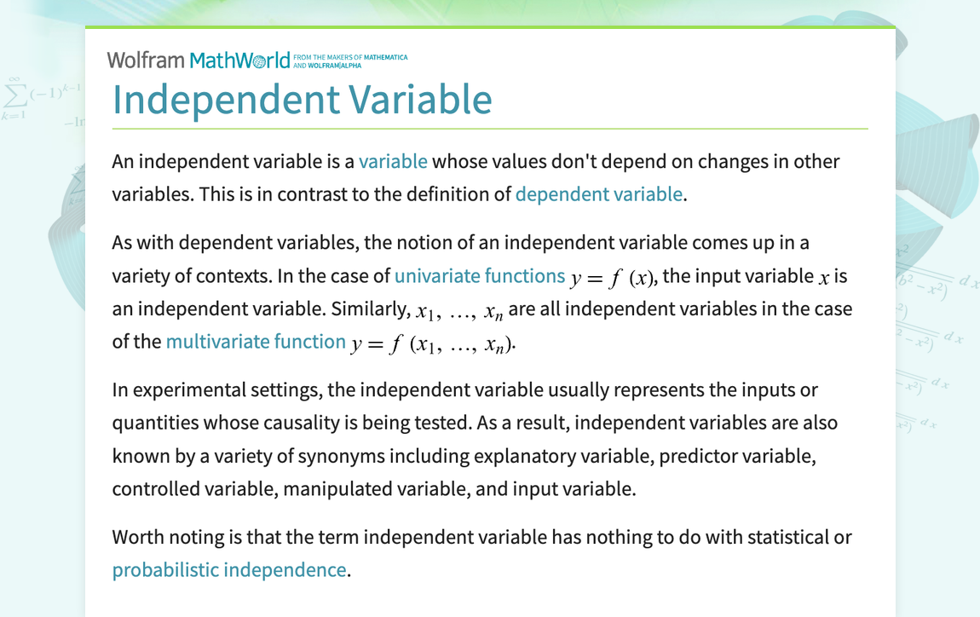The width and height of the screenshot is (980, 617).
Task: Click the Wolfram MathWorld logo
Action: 199,61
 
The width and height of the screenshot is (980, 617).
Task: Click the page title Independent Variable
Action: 302,100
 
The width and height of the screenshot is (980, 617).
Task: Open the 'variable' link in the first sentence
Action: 393,162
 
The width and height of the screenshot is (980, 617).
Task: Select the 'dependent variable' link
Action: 598,193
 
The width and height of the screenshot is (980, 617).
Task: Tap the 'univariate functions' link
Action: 480,276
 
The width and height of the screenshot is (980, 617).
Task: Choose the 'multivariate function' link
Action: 256,342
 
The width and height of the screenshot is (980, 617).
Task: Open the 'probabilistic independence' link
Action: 229,570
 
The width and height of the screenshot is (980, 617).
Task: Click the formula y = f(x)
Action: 614,278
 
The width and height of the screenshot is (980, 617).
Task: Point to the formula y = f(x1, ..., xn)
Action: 433,343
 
